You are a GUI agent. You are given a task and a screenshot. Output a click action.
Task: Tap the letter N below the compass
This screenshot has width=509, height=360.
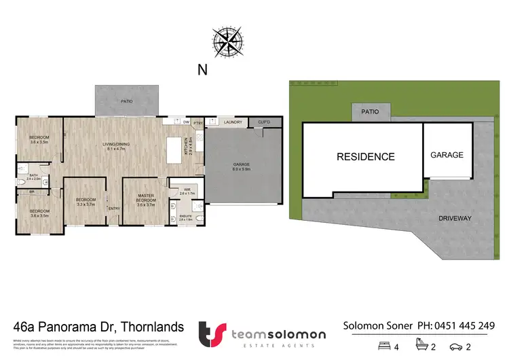pyautogui.click(x=202, y=69)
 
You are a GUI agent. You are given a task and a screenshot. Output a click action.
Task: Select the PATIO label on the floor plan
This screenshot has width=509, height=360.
pyautogui.click(x=126, y=101)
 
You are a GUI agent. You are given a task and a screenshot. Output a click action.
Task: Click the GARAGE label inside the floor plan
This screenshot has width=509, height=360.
pyautogui.click(x=241, y=165)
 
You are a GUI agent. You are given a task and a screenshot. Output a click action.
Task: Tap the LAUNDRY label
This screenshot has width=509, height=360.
pyautogui.click(x=233, y=122)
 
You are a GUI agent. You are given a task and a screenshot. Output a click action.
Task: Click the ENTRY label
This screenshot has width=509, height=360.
pyautogui.click(x=114, y=209)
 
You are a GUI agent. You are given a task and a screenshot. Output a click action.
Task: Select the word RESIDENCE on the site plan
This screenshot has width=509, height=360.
pyautogui.click(x=366, y=157)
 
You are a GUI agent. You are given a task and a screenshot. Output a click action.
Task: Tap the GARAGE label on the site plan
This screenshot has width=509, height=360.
pyautogui.click(x=447, y=155)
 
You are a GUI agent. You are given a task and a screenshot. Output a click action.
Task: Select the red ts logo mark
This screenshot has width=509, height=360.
pyautogui.click(x=210, y=334)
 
